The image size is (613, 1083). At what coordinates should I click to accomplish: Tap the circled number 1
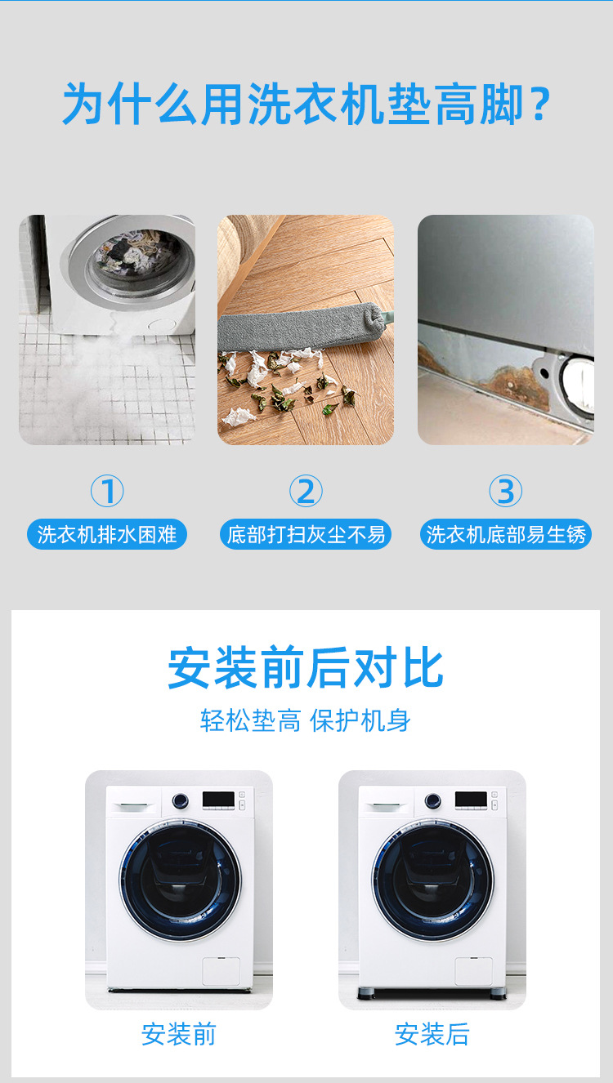coord(107,491)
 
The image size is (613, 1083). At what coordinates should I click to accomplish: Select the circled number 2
coord(306,491)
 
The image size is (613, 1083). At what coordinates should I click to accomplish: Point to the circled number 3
coord(506,491)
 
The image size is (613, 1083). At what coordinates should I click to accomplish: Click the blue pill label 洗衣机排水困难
coord(107,534)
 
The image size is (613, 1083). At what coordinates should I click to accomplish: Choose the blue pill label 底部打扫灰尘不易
coord(306,534)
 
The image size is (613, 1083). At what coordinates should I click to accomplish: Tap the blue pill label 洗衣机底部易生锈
coord(506,534)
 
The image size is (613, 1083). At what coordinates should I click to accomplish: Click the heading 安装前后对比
coord(306,668)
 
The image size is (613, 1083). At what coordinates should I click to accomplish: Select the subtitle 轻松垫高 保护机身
coord(306,720)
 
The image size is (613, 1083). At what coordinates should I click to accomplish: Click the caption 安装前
coord(179,1034)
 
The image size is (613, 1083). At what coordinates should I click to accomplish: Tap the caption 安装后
coord(432,1034)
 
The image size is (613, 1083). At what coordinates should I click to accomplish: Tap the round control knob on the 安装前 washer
coord(180,800)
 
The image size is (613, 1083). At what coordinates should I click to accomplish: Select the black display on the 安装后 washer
coord(471,800)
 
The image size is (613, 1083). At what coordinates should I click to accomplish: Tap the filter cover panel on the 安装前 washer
coord(221,971)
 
